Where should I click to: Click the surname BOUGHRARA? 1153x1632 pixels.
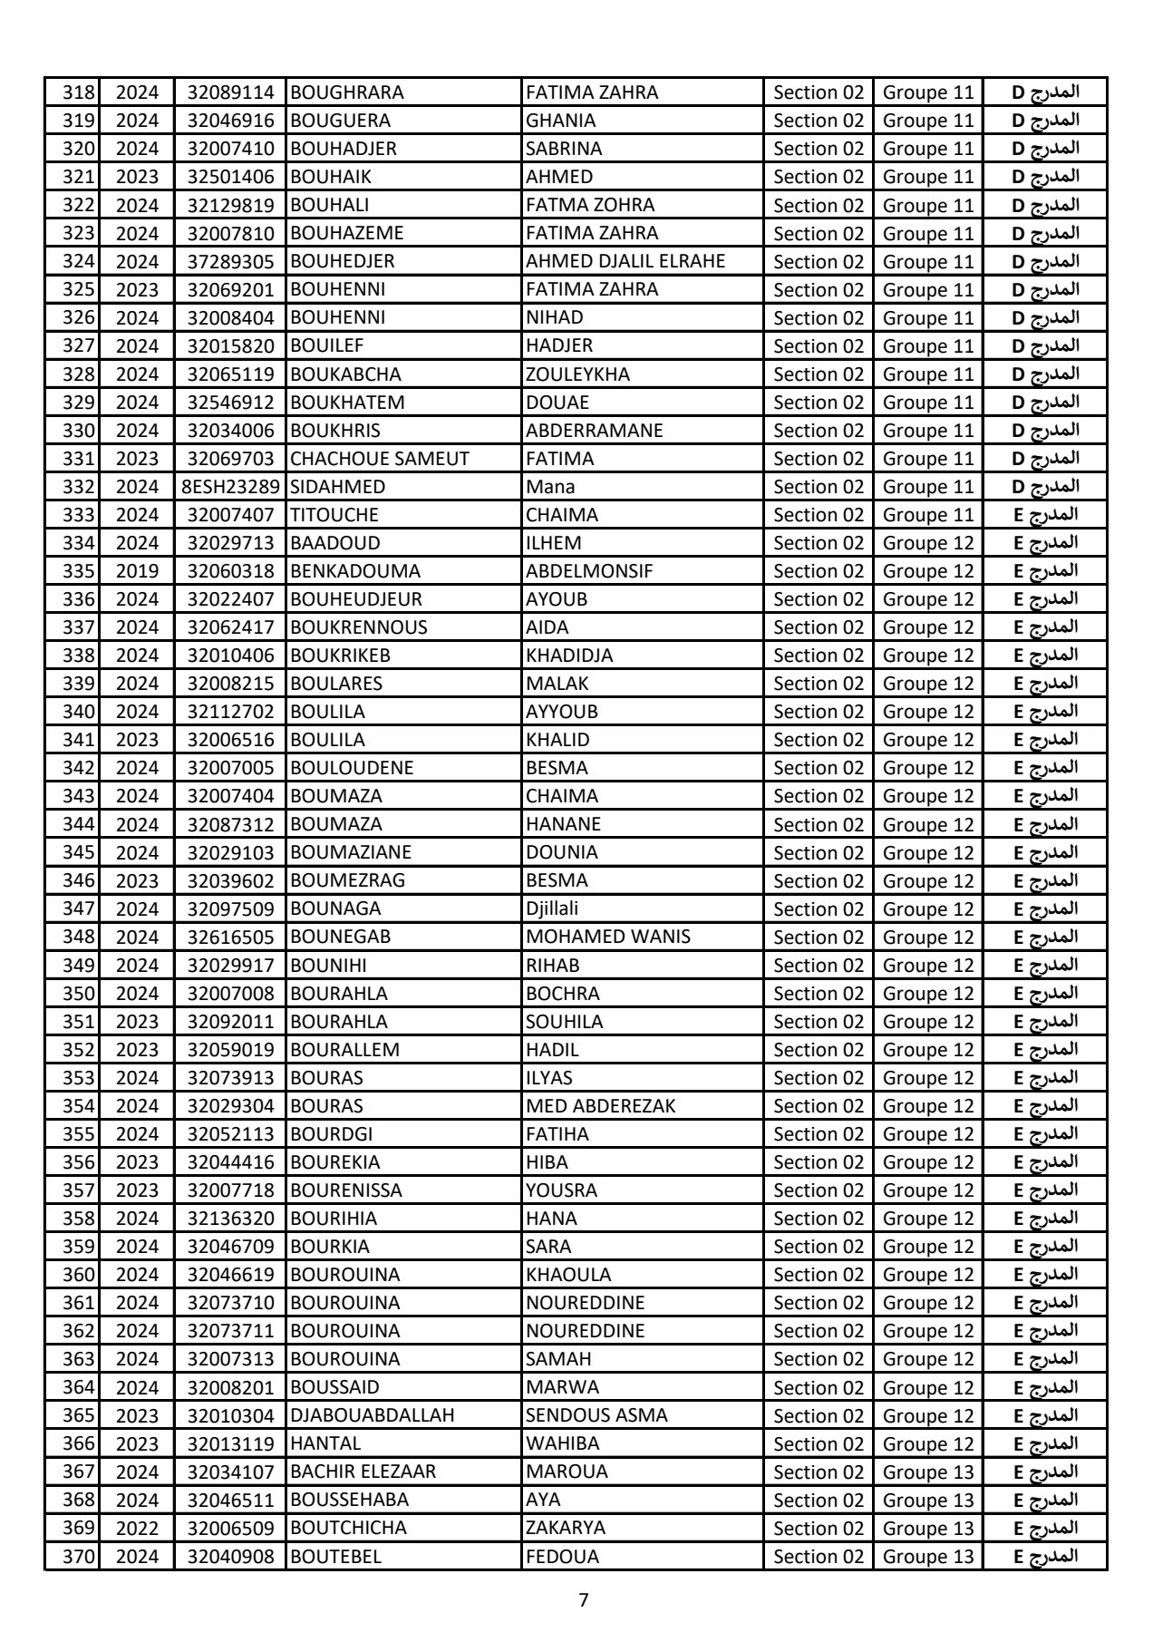click(347, 92)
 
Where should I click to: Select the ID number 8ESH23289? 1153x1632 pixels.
click(230, 487)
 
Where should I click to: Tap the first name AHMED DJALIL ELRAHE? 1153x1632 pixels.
click(625, 261)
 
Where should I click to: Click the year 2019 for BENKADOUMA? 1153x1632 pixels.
click(138, 571)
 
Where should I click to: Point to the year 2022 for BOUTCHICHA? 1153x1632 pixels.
click(138, 1528)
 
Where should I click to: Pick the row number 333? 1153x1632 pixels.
click(78, 515)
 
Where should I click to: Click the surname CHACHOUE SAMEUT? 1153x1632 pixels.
click(380, 459)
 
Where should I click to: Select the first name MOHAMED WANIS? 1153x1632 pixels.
click(608, 937)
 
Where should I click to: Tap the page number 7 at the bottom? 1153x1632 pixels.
click(583, 1600)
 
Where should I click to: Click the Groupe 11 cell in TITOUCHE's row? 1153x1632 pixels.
click(928, 515)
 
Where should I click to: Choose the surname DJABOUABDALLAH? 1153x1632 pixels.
click(372, 1415)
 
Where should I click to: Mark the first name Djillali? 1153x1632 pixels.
click(552, 908)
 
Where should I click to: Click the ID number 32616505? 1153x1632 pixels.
click(230, 937)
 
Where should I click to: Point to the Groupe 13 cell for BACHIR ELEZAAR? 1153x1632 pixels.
click(928, 1472)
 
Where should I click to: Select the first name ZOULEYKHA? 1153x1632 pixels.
click(577, 374)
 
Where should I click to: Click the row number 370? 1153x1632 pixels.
click(78, 1557)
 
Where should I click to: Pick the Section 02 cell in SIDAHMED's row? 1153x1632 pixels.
click(819, 487)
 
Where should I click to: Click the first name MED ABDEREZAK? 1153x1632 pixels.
click(601, 1106)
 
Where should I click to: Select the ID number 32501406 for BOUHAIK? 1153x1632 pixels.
click(230, 177)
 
